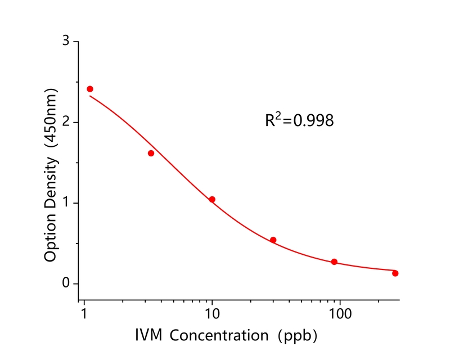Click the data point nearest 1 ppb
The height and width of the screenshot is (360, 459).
tap(90, 89)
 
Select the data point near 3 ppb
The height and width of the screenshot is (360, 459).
tap(151, 153)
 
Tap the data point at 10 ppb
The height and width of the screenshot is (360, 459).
tap(212, 199)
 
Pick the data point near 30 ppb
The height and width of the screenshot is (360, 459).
tap(273, 240)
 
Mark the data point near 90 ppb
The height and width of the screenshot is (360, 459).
tap(334, 262)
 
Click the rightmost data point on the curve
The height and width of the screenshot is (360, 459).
tap(395, 273)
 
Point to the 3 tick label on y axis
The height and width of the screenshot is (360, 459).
tap(66, 42)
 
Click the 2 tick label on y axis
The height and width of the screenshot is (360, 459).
tap(66, 122)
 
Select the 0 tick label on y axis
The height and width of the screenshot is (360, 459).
tap(66, 283)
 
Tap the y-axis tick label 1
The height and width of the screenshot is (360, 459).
tap(66, 202)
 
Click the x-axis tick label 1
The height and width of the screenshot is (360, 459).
tap(84, 312)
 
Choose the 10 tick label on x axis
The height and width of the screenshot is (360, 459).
tap(212, 312)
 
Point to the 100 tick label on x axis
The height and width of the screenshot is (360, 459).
tap(340, 312)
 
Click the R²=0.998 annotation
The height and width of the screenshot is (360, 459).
tap(299, 120)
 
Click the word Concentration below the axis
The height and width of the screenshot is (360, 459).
tap(219, 336)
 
